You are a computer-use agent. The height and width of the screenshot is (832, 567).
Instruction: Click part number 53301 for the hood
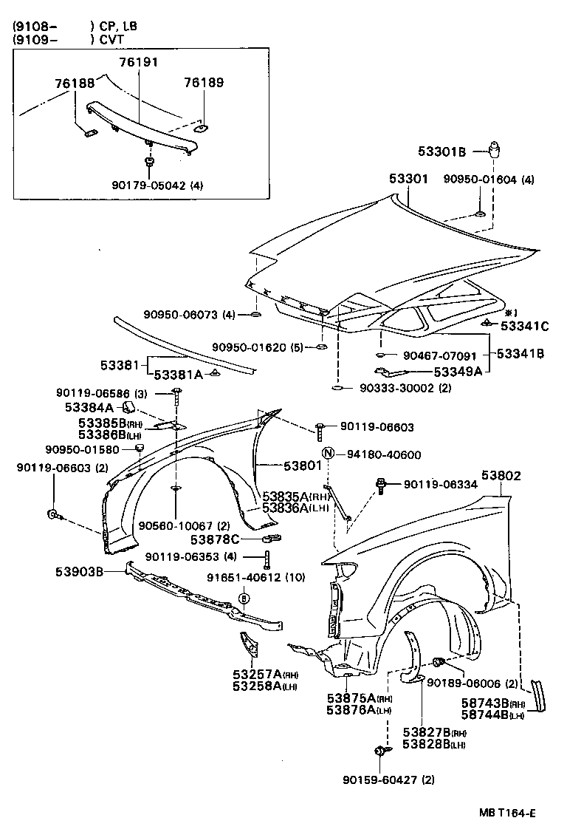[x=408, y=179]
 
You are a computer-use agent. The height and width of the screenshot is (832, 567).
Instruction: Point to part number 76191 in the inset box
[x=140, y=63]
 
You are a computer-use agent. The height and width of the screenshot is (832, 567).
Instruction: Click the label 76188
[x=75, y=83]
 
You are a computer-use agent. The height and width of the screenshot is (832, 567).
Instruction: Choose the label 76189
[x=205, y=83]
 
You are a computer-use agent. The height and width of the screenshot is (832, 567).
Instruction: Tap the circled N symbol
[x=328, y=454]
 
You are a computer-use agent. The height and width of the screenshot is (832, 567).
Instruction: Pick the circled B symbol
[x=243, y=598]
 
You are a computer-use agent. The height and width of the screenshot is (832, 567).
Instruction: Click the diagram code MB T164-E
[x=505, y=814]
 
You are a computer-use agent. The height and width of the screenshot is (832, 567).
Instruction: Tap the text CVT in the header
[x=113, y=39]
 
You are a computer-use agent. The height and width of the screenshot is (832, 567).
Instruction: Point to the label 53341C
[x=524, y=326]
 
